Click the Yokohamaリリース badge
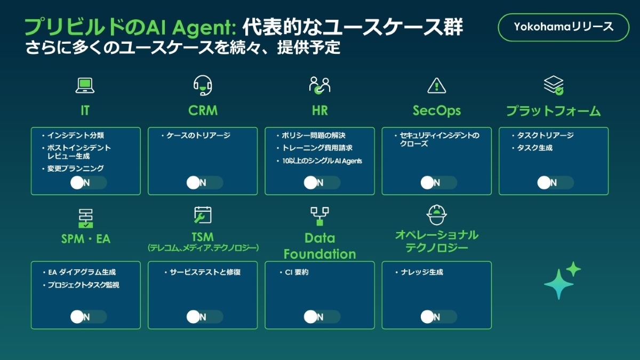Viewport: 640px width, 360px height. (563, 27)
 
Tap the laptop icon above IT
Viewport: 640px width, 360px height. (85, 85)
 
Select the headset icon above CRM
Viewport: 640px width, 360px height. (203, 85)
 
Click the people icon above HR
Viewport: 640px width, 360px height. (319, 85)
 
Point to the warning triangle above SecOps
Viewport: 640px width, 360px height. (436, 85)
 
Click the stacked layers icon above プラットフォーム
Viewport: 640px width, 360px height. (554, 85)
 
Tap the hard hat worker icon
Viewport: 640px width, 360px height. (436, 214)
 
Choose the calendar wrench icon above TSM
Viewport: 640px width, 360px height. (203, 214)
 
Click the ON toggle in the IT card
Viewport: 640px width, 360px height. (89, 183)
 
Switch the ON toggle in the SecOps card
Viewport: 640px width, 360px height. (438, 183)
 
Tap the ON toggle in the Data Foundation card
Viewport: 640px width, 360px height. (322, 317)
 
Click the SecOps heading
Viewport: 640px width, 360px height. (436, 111)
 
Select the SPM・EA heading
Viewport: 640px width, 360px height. (85, 239)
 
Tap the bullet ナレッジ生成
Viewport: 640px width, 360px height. (422, 273)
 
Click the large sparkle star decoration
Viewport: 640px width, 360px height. (558, 284)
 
